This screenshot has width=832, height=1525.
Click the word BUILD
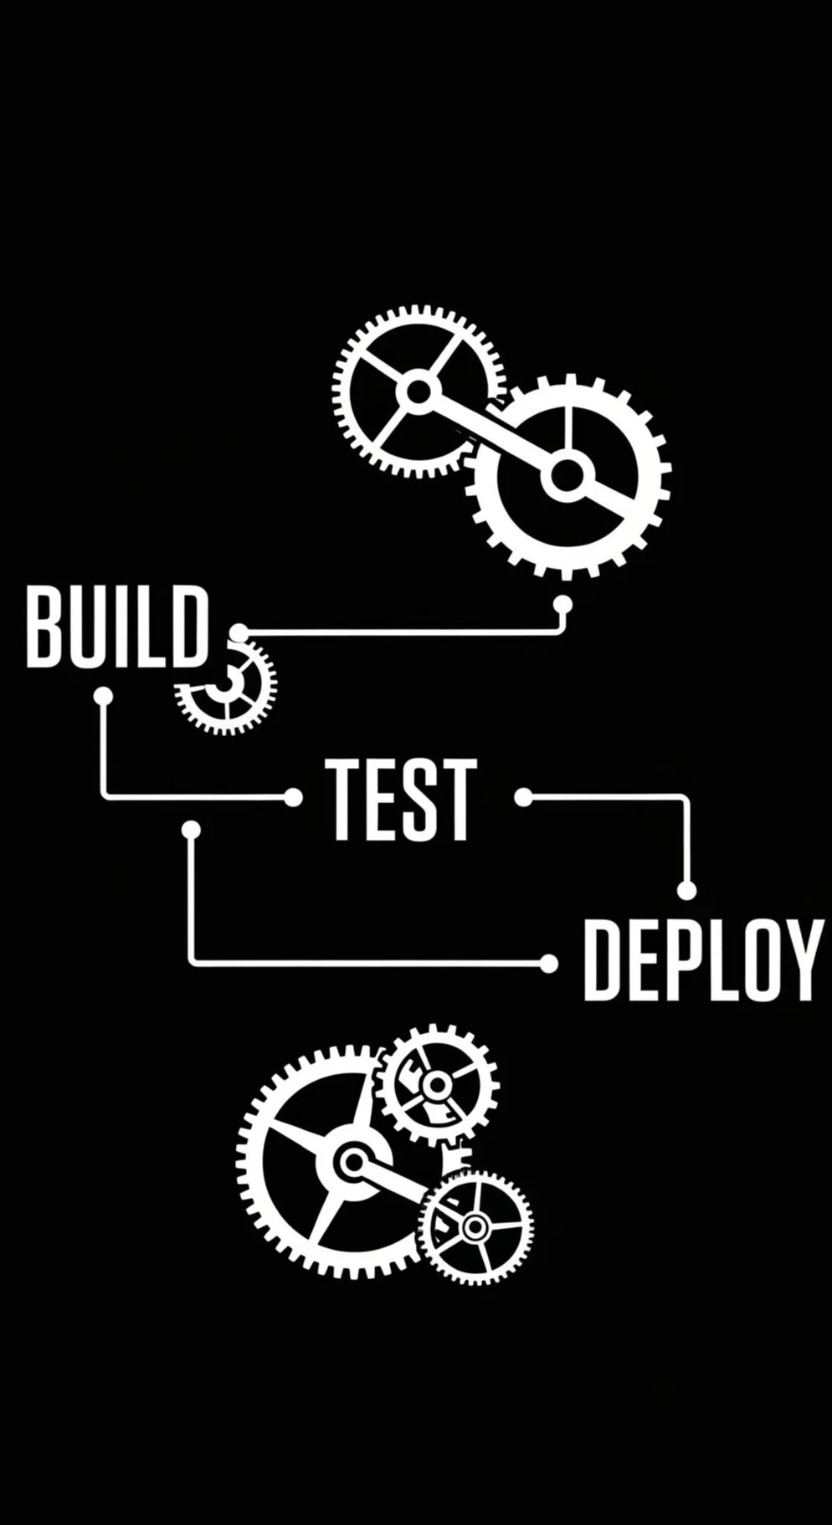pyautogui.click(x=116, y=627)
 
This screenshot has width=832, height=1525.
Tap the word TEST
pyautogui.click(x=401, y=799)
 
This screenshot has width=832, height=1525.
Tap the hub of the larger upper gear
pyautogui.click(x=567, y=477)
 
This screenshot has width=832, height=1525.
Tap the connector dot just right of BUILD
pyautogui.click(x=239, y=632)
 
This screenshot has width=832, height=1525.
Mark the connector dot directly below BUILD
pyautogui.click(x=103, y=696)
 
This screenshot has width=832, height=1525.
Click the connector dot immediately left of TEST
pyautogui.click(x=293, y=797)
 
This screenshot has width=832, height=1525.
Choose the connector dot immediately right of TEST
pyautogui.click(x=523, y=797)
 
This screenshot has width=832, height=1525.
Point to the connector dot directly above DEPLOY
pyautogui.click(x=686, y=891)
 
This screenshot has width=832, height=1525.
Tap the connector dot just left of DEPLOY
pyautogui.click(x=548, y=964)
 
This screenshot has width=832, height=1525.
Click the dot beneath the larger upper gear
pyautogui.click(x=562, y=604)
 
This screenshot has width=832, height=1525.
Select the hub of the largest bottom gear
pyautogui.click(x=354, y=1162)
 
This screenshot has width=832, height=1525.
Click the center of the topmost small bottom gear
pyautogui.click(x=435, y=1086)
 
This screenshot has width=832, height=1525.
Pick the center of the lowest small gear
pyautogui.click(x=475, y=1227)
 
